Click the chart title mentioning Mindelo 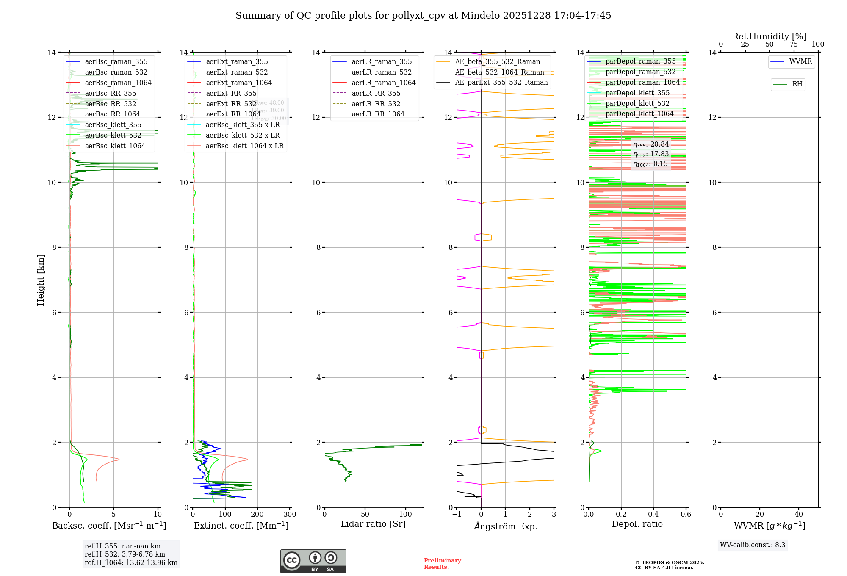point(423,16)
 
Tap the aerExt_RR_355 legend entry point(231,93)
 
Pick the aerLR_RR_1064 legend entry point(378,114)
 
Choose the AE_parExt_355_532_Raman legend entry point(501,82)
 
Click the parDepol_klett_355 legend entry point(637,93)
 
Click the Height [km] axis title point(41,280)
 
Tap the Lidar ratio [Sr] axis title point(373,524)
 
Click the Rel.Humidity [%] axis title point(769,36)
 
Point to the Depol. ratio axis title point(637,524)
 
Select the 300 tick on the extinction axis point(290,514)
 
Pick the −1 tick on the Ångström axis point(457,514)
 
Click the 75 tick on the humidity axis point(794,44)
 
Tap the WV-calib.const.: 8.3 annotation point(752,545)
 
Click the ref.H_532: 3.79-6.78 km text point(125,554)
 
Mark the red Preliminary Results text point(442,563)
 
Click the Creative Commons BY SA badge point(313,561)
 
